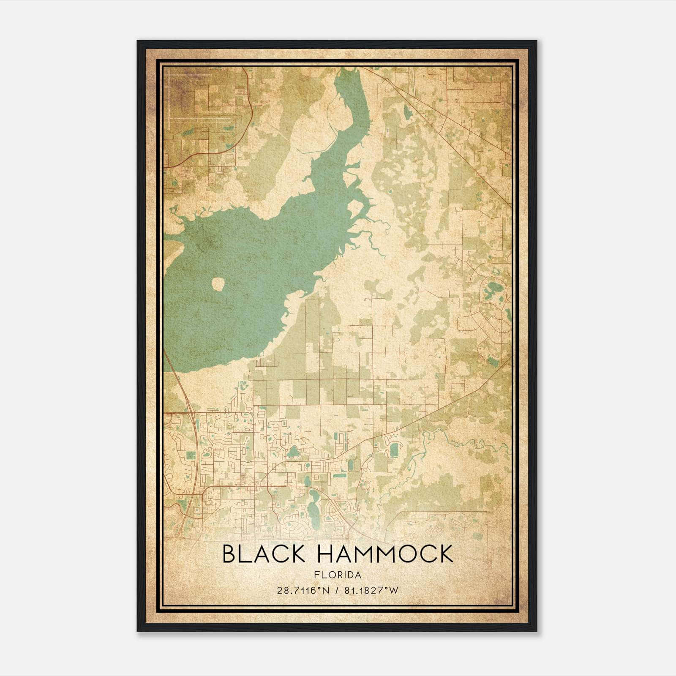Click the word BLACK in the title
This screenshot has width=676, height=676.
[264, 554]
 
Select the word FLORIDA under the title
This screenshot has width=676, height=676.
[338, 575]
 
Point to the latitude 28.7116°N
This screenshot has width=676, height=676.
[303, 591]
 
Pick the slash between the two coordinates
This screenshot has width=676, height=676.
[337, 591]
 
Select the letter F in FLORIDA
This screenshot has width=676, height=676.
[316, 575]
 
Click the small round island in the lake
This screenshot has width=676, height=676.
[218, 284]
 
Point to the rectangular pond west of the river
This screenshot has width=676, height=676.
[394, 450]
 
